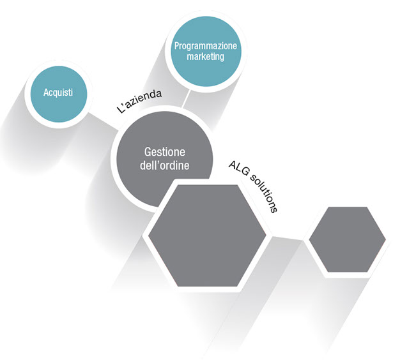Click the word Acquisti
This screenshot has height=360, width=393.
click(x=58, y=93)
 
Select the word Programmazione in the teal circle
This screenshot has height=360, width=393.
click(x=206, y=46)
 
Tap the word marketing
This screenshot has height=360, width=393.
click(x=206, y=57)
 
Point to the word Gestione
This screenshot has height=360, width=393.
click(x=165, y=153)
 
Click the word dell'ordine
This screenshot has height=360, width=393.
click(x=164, y=165)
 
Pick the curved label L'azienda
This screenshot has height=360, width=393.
click(x=139, y=101)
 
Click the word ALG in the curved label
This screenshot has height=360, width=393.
click(x=238, y=170)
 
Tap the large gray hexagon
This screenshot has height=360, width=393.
click(x=207, y=236)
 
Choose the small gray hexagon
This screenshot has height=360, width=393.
click(x=348, y=239)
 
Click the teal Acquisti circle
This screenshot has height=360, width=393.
click(x=59, y=94)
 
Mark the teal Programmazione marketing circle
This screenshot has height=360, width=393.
click(x=206, y=51)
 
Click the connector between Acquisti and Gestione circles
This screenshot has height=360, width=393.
click(x=104, y=122)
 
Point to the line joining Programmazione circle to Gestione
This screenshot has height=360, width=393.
click(x=186, y=99)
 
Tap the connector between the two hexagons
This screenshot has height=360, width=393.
click(x=288, y=238)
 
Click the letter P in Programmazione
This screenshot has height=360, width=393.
click(x=177, y=45)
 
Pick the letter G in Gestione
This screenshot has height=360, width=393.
click(x=147, y=152)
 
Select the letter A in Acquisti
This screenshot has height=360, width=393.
click(x=46, y=93)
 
